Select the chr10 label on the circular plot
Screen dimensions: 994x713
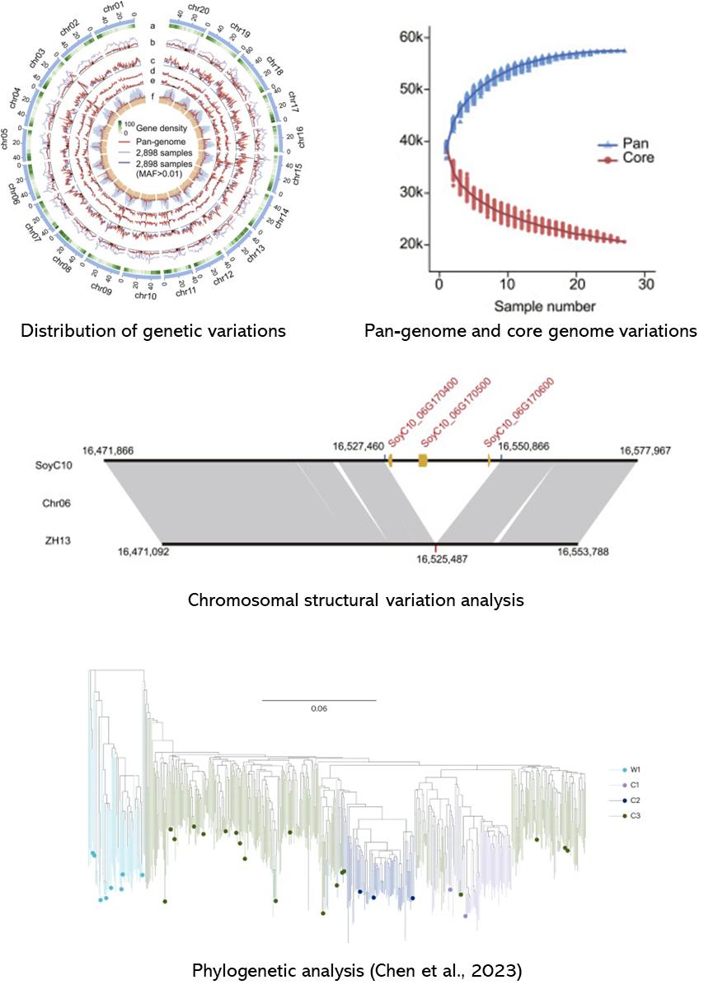tap(145, 295)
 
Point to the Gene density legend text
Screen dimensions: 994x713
tap(160, 128)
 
